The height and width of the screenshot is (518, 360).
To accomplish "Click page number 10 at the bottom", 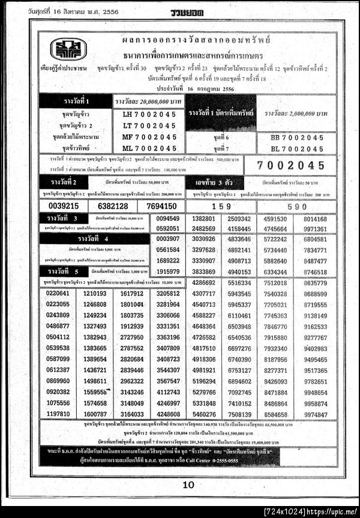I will coord(188,484).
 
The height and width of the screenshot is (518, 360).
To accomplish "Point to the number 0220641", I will coord(58,293).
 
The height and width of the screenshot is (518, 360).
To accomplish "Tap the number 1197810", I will coord(58,414).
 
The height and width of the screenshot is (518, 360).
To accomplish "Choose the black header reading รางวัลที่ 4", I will coord(94,239).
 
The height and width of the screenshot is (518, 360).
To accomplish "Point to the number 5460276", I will coord(205,414).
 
